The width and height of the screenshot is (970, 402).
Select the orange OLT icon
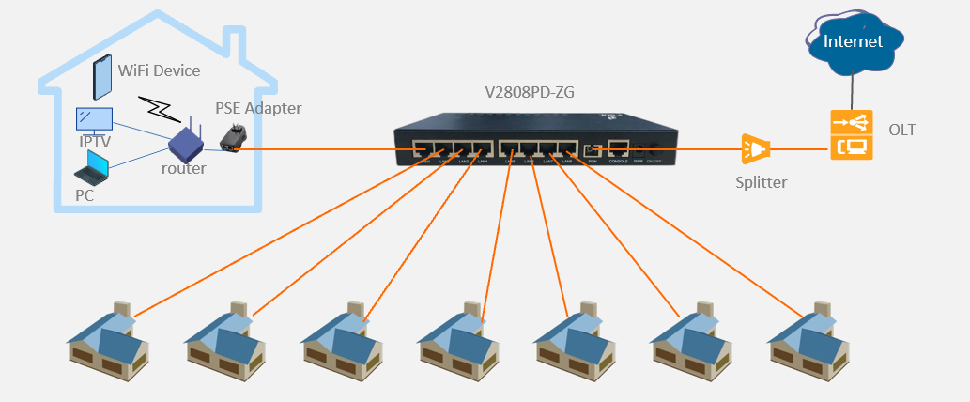click(851, 135)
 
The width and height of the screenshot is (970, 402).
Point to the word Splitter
click(761, 182)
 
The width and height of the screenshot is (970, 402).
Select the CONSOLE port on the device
click(618, 147)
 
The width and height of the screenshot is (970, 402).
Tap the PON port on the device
click(592, 149)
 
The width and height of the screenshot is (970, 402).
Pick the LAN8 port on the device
click(569, 148)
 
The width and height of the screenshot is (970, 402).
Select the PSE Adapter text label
click(258, 108)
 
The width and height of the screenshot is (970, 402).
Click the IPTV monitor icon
click(94, 120)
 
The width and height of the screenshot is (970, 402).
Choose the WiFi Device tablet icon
click(101, 78)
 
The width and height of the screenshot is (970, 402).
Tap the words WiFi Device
click(159, 70)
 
